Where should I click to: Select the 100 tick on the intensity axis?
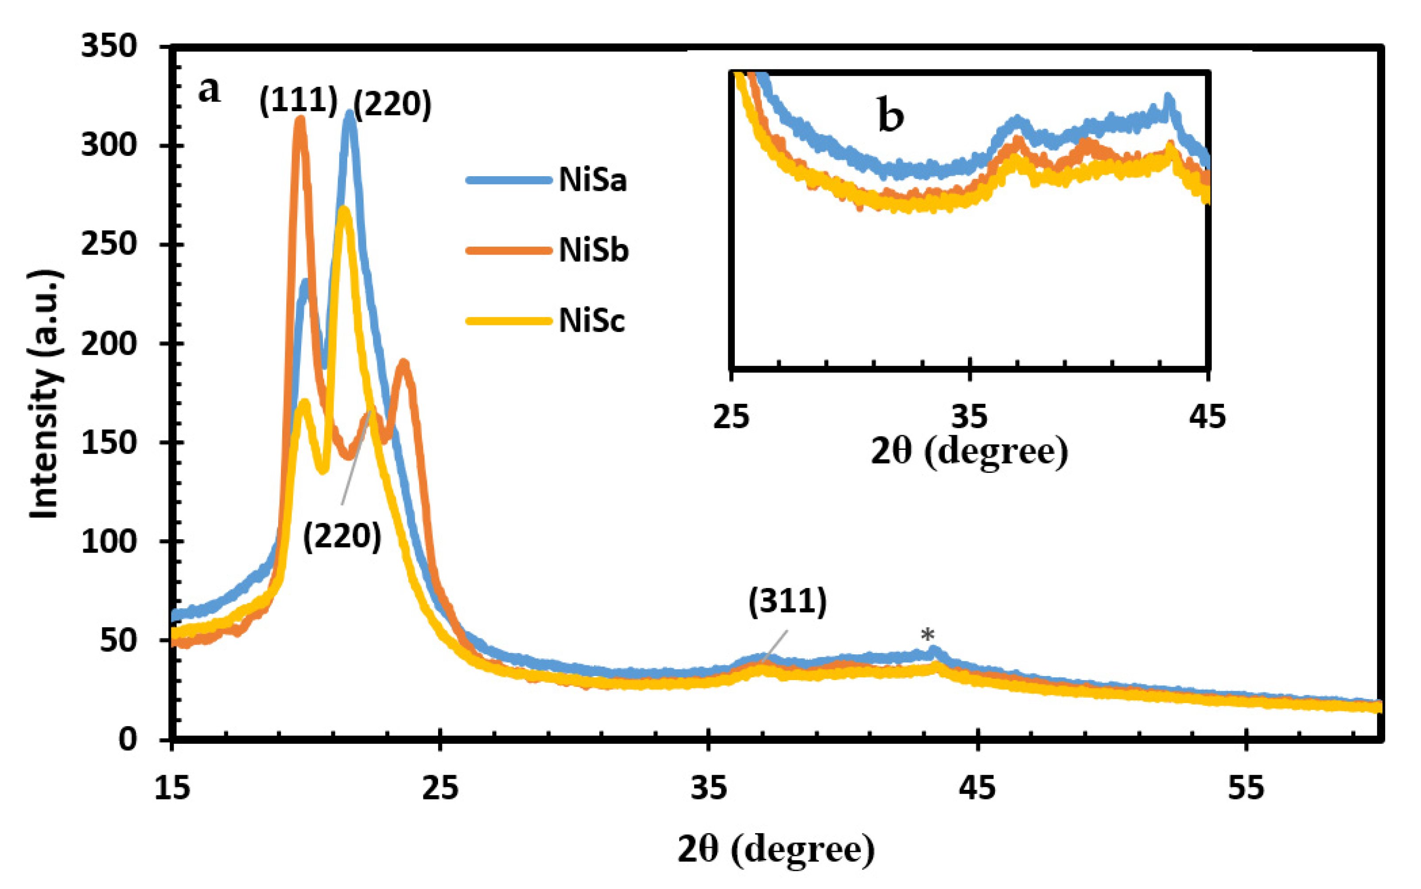pos(109,541)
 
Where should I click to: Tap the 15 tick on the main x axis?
pos(172,788)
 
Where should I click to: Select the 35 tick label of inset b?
pos(969,416)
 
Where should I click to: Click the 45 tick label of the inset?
pos(1207,416)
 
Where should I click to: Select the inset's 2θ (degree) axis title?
pos(969,452)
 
